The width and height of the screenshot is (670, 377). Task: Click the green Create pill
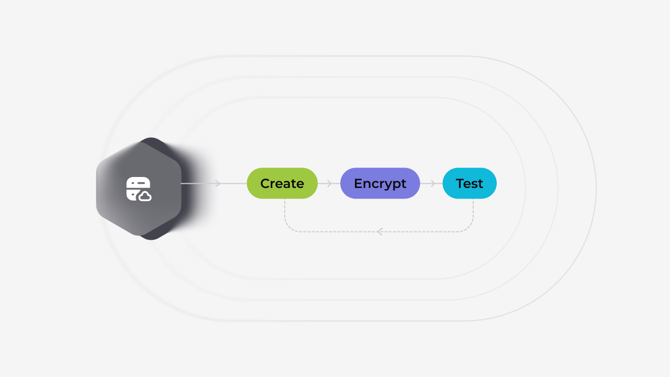(282, 183)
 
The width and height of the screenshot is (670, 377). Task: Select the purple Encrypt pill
(380, 183)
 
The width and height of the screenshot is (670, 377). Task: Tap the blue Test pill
(470, 183)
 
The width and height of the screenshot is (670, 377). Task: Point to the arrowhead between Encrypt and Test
(432, 183)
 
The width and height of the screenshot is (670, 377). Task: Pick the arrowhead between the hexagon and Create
(218, 183)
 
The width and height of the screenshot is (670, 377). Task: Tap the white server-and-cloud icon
(139, 189)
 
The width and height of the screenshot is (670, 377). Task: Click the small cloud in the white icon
(145, 196)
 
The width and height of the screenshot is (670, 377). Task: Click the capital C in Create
(265, 184)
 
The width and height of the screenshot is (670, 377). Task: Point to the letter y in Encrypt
(387, 185)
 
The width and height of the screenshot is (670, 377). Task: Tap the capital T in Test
(461, 184)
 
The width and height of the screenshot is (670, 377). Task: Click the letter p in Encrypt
(396, 185)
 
